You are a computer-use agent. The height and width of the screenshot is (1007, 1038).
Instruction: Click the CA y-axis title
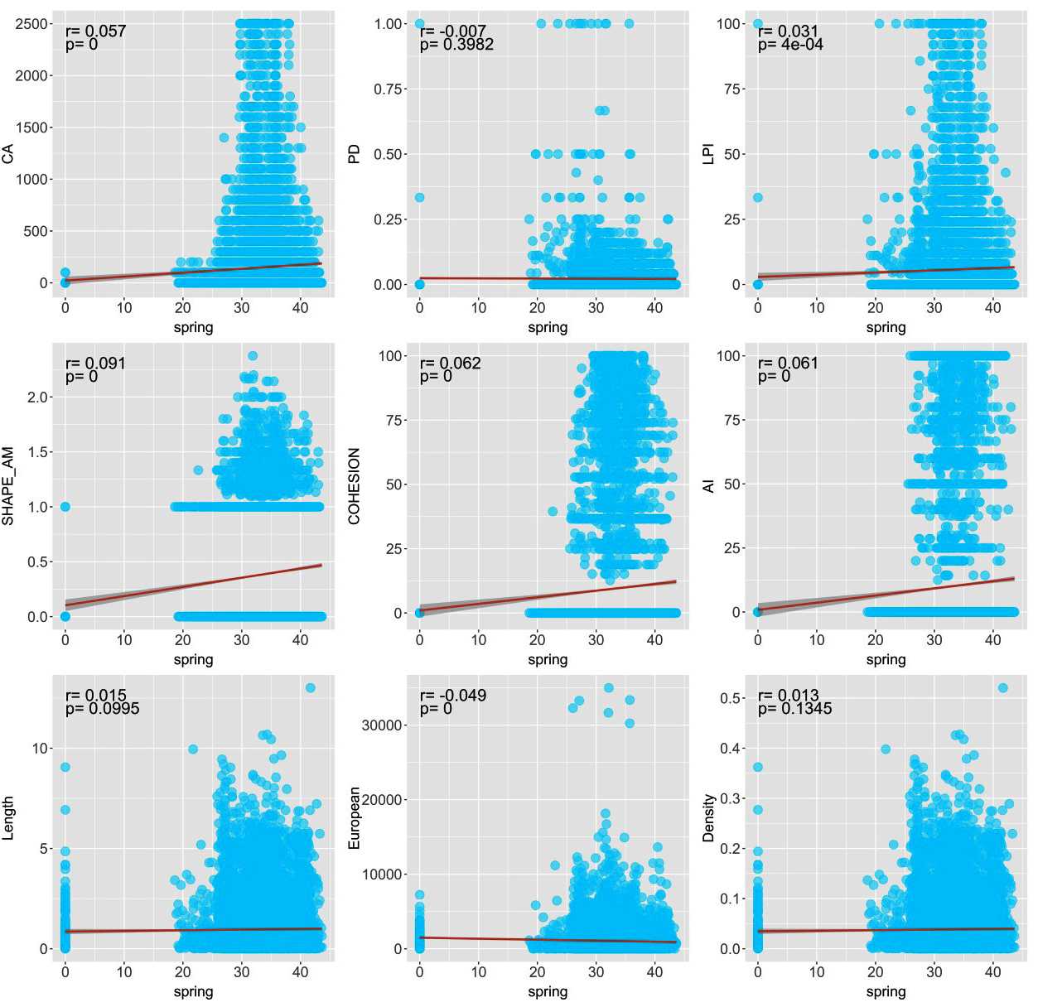point(9,152)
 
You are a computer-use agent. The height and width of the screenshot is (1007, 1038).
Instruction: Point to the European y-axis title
point(355,817)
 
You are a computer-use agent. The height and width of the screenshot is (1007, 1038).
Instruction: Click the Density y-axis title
point(708,817)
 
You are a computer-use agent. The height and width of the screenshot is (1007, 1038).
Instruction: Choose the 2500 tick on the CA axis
point(31,24)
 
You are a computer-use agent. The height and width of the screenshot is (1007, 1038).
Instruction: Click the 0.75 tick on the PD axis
point(389,89)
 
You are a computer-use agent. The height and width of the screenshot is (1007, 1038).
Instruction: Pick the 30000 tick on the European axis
point(383,725)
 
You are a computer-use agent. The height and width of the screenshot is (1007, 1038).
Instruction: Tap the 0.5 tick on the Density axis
point(732,698)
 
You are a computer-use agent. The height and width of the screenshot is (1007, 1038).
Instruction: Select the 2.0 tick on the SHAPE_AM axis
point(39,397)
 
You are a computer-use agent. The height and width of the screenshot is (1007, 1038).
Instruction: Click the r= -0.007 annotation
point(452,31)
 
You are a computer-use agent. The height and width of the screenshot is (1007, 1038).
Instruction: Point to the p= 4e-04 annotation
point(790,45)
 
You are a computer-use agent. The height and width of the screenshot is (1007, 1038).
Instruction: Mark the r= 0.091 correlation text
point(95,363)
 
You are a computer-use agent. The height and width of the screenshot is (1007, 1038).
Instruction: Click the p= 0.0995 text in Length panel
point(102,708)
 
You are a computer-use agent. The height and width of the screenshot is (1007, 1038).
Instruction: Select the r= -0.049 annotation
point(452,695)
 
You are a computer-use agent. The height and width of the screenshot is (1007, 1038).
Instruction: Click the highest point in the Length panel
point(310,687)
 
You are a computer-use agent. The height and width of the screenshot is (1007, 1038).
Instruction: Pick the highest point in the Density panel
point(1002,688)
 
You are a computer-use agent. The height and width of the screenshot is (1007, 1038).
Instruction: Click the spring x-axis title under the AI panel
point(886,659)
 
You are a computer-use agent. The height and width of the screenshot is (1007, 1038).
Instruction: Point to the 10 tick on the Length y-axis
point(40,748)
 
